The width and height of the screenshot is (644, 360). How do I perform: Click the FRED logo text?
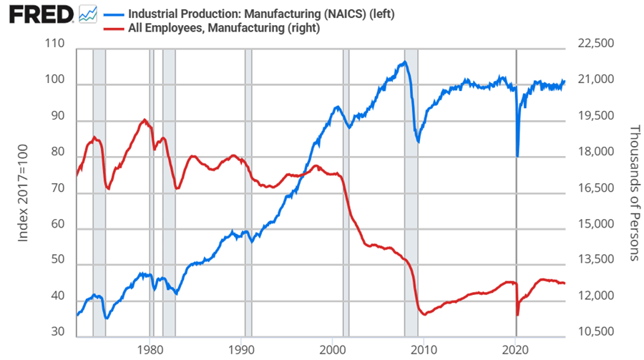pyautogui.click(x=39, y=14)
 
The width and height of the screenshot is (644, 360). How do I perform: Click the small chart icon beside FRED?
pyautogui.click(x=87, y=14)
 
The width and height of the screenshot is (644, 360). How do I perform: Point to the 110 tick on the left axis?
pyautogui.click(x=55, y=44)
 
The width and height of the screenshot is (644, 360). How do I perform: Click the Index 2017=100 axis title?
pyautogui.click(x=23, y=189)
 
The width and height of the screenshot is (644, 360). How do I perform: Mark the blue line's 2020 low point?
pyautogui.click(x=517, y=156)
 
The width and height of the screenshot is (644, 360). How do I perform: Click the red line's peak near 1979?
pyautogui.click(x=145, y=120)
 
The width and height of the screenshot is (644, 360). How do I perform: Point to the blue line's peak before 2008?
pyautogui.click(x=404, y=62)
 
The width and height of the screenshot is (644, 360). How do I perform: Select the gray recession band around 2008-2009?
pyautogui.click(x=411, y=193)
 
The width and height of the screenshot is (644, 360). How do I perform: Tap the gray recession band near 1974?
pyautogui.click(x=99, y=193)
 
